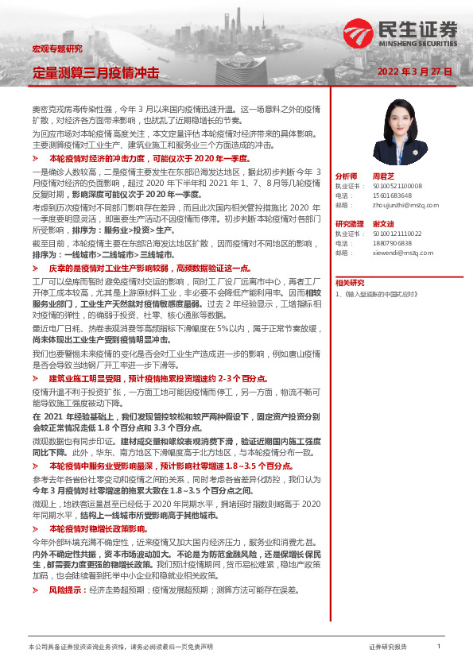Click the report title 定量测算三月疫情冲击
[x=95, y=72]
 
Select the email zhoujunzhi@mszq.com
[x=402, y=204]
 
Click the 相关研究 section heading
[x=349, y=282]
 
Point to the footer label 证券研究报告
[x=387, y=648]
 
